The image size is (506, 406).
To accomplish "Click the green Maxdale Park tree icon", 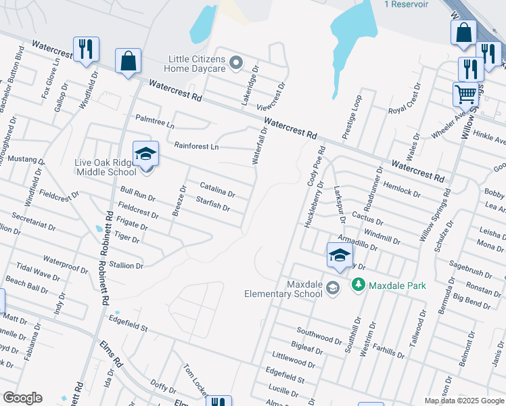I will [x=359, y=286].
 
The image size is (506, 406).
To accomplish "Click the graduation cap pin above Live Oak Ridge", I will [x=145, y=154].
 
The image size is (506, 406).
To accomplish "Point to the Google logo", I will [x=22, y=398].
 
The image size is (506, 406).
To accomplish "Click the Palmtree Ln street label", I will [x=155, y=126].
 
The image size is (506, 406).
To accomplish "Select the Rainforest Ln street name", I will [x=197, y=146].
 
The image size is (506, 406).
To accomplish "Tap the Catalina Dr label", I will [x=217, y=189].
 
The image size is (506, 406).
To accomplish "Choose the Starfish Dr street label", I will [x=212, y=202].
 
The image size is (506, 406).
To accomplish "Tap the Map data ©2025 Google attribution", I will [x=464, y=401].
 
